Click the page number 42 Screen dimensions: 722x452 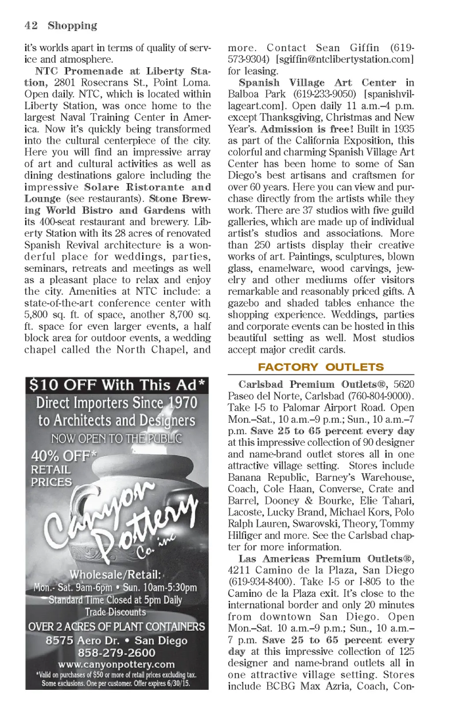pos(31,26)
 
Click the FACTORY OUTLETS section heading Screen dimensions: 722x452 pos(321,367)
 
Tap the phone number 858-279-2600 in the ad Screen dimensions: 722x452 pos(117,653)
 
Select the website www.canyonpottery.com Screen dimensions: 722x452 pos(117,664)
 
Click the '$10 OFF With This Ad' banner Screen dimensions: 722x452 pos(117,385)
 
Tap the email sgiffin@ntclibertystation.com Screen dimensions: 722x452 pos(345,59)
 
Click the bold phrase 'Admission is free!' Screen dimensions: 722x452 pos(307,129)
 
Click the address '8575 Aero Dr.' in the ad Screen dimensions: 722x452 pos(83,641)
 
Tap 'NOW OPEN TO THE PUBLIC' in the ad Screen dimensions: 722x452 pos(117,439)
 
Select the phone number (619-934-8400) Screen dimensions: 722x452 pos(260,582)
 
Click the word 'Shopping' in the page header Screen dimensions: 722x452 pos(72,26)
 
